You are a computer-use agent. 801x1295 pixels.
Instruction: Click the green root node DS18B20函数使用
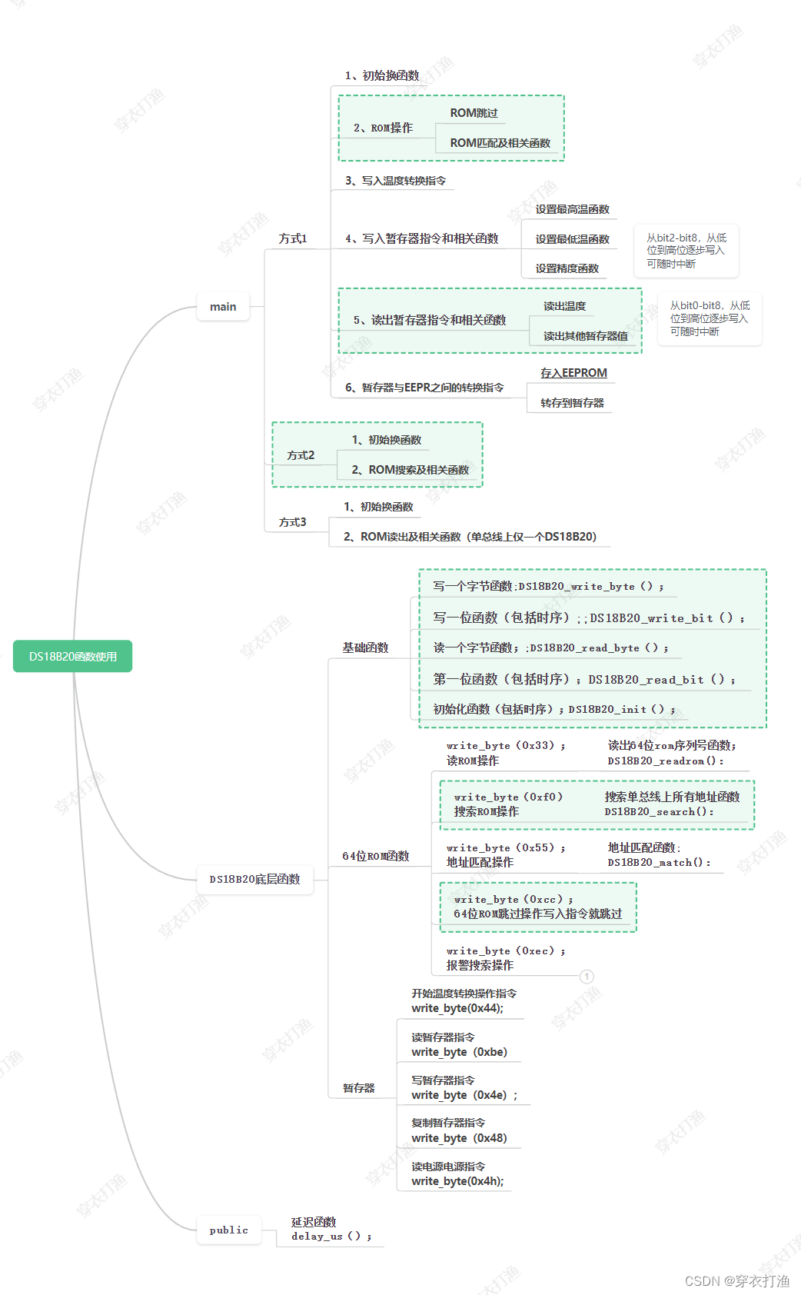pyautogui.click(x=73, y=656)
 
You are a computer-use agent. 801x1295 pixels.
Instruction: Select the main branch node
pyautogui.click(x=223, y=307)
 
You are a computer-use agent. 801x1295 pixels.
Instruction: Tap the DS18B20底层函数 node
pyautogui.click(x=254, y=879)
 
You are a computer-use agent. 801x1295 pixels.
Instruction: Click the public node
pyautogui.click(x=228, y=1230)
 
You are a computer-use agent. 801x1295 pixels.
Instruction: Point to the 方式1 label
pyautogui.click(x=293, y=239)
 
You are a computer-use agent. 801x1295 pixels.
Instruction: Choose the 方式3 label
pyautogui.click(x=293, y=522)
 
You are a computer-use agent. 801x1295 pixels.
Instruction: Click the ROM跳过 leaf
pyautogui.click(x=474, y=113)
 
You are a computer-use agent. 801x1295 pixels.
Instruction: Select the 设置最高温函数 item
pyautogui.click(x=572, y=209)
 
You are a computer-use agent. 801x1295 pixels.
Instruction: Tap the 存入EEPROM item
pyautogui.click(x=573, y=373)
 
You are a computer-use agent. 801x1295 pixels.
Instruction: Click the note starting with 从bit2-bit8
pyautogui.click(x=686, y=251)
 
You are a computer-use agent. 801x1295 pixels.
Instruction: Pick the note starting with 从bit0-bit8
pyautogui.click(x=709, y=318)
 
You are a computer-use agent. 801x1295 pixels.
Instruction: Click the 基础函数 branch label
pyautogui.click(x=365, y=647)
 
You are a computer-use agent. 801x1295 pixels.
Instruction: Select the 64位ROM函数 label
pyautogui.click(x=375, y=856)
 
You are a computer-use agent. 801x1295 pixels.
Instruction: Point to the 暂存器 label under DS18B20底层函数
pyautogui.click(x=358, y=1088)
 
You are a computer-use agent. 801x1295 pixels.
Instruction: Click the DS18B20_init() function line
pyautogui.click(x=622, y=709)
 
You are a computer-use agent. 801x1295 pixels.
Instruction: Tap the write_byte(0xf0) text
pyautogui.click(x=508, y=797)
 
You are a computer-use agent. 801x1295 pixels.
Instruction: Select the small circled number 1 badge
pyautogui.click(x=587, y=977)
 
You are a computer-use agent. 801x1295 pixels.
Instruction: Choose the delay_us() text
pyautogui.click(x=331, y=1237)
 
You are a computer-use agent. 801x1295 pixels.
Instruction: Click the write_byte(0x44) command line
pyautogui.click(x=457, y=1008)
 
